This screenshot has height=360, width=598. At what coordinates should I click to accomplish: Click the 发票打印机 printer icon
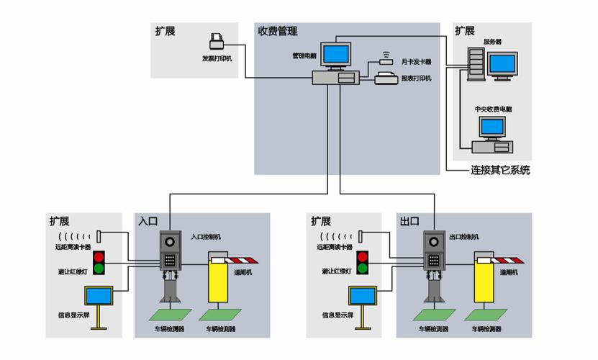[217, 40]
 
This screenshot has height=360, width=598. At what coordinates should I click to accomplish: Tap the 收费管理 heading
[278, 31]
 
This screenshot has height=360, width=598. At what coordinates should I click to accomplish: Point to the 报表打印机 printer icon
[386, 78]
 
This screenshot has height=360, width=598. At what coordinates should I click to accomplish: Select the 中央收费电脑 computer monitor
[493, 128]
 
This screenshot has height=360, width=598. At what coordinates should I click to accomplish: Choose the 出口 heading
[409, 221]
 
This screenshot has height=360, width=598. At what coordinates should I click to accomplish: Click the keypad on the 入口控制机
[170, 261]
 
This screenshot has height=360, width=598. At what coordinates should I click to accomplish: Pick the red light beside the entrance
[99, 256]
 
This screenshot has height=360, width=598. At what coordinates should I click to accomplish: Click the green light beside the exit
[363, 269]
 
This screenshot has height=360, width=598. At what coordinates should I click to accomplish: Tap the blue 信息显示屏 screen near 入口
[98, 295]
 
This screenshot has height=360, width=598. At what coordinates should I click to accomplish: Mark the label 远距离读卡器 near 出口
[335, 247]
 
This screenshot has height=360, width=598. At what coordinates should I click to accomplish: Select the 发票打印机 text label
[217, 58]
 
